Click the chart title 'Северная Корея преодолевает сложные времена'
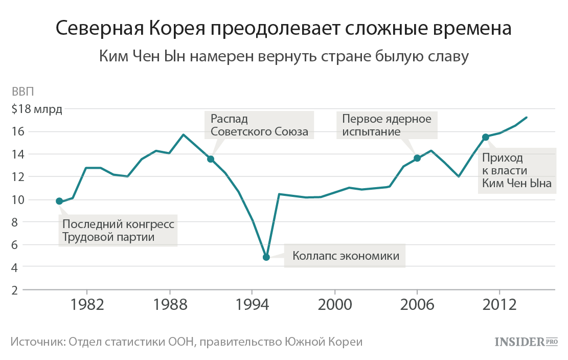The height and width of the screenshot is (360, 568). (x=283, y=29)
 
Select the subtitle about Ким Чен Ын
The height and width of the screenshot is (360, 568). (x=283, y=56)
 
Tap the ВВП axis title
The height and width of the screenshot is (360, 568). (x=23, y=93)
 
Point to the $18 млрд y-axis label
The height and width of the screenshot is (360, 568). (x=36, y=109)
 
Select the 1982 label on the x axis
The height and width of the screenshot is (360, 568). (x=87, y=305)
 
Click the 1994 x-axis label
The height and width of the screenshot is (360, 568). (x=252, y=305)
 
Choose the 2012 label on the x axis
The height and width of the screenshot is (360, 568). (x=499, y=305)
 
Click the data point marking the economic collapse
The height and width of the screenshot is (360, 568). (x=266, y=257)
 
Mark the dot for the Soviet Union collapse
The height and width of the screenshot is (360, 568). (x=211, y=159)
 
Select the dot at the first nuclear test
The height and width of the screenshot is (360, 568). (x=417, y=158)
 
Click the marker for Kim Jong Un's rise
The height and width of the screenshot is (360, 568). (x=486, y=137)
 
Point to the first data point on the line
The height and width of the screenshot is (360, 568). (x=59, y=201)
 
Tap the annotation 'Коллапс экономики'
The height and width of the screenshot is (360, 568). (x=346, y=256)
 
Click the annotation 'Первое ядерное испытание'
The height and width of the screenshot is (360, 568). (x=387, y=125)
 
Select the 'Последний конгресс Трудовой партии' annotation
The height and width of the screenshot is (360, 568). (x=118, y=231)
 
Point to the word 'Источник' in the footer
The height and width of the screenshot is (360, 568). (x=34, y=342)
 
